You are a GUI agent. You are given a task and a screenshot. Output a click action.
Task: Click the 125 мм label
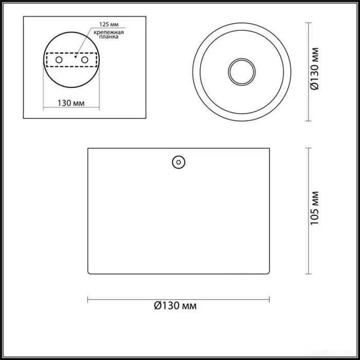coord(109,24)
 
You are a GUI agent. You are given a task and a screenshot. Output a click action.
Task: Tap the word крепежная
coord(109,32)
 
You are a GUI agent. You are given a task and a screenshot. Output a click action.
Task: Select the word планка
coord(109,37)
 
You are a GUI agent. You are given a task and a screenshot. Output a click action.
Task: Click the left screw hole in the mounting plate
coord(59,60)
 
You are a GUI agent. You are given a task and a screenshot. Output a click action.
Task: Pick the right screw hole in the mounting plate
coord(85,60)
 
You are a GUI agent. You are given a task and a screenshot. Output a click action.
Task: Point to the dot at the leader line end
coord(75,57)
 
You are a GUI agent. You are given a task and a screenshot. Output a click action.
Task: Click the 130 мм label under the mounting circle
coord(71,103)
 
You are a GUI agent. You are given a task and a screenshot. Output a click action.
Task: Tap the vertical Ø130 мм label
coord(315,68)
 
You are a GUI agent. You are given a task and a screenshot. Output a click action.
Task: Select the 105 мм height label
coord(315,208)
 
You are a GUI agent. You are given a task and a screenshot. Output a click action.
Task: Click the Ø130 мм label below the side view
coord(175,305)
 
